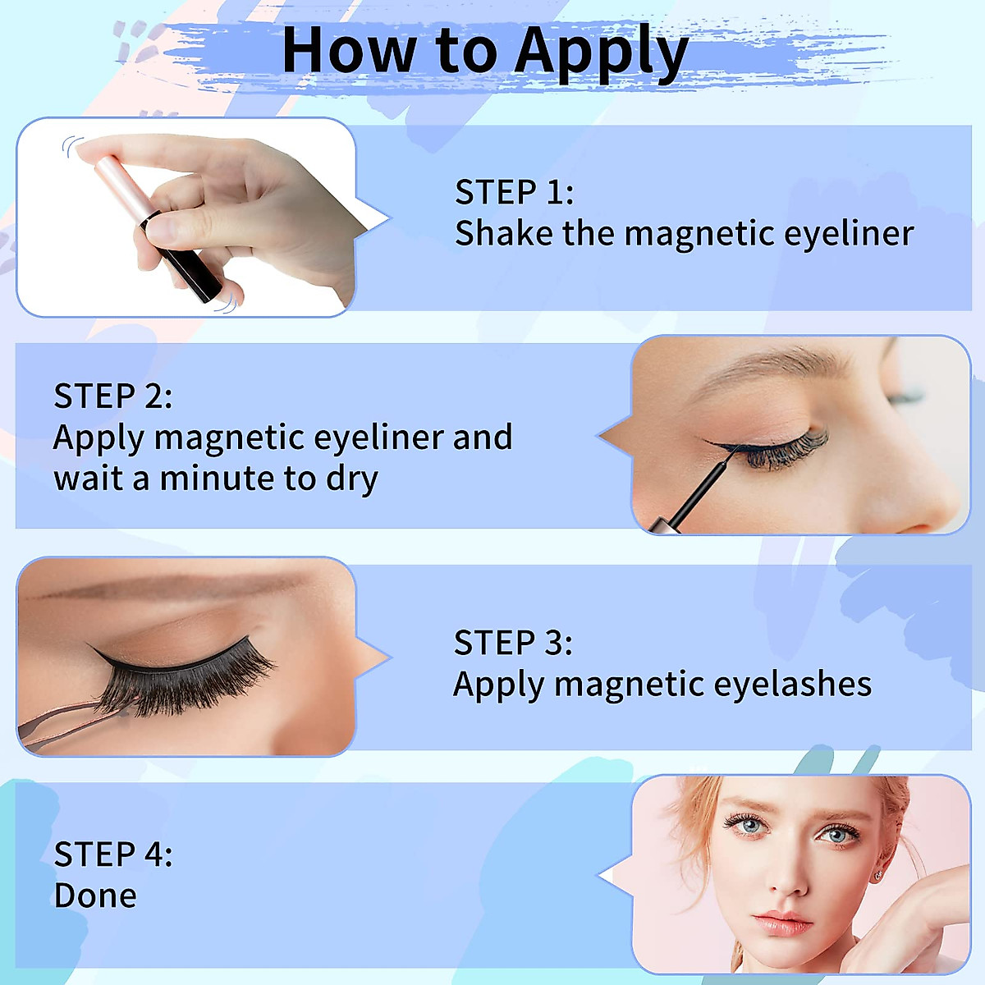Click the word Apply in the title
tap(602, 53)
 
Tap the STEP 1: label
tap(515, 192)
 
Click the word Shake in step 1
tap(504, 233)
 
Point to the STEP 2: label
tap(113, 396)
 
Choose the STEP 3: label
tap(513, 643)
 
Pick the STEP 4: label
tap(113, 854)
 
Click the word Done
tap(95, 896)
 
